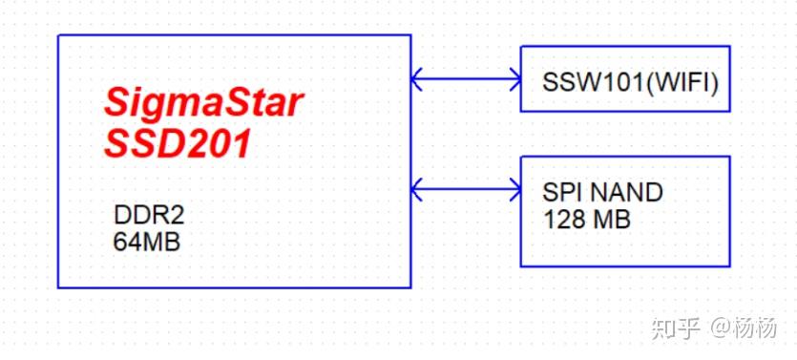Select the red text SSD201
pos(178,144)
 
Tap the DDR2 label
pos(143,216)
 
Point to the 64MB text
pos(146,242)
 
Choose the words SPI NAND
pos(602,193)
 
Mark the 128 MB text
pos(587,220)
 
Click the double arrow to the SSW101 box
pos(466,77)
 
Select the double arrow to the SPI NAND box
pos(466,188)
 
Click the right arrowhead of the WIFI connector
pos(514,77)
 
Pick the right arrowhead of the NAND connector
pos(514,188)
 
